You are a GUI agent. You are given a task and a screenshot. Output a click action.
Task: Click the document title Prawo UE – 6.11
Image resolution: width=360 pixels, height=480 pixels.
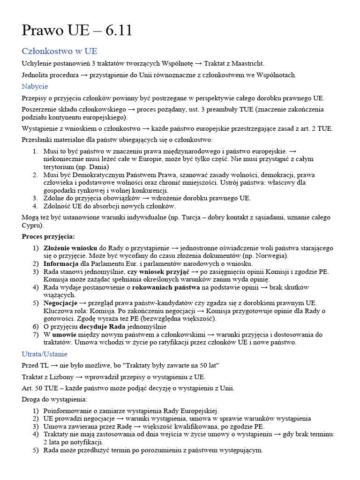tap(77, 30)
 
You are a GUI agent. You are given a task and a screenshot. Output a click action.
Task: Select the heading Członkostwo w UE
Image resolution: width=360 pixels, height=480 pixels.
tap(60, 51)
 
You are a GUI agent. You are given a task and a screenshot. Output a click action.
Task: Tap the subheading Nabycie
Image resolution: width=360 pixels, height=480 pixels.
tap(35, 86)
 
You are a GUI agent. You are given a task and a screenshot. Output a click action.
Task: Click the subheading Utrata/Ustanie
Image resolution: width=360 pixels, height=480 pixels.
tap(45, 354)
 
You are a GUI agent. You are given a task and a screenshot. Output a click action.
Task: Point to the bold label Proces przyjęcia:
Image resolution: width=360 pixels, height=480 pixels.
tap(48, 236)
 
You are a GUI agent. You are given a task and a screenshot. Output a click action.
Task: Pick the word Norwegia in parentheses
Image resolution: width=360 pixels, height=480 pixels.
tap(270, 255)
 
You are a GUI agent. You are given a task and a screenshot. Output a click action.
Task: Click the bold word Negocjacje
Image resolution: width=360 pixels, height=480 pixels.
tap(60, 303)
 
